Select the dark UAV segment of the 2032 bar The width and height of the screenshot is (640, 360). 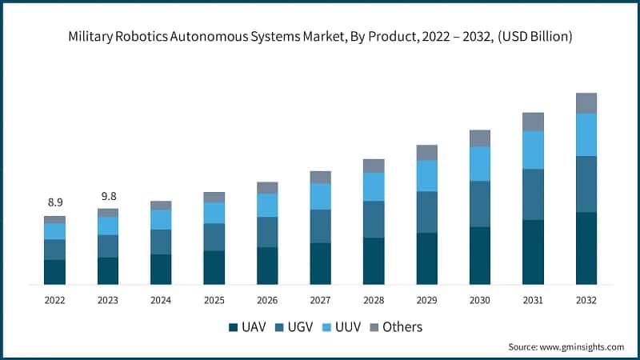[x=586, y=248]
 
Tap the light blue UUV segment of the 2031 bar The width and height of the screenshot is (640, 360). [x=533, y=150]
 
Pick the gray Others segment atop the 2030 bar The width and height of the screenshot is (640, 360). [x=480, y=138]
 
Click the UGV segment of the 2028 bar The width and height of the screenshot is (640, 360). [x=374, y=219]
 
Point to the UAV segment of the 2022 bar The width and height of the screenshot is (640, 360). [x=54, y=272]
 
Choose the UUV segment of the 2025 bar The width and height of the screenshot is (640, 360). [x=214, y=213]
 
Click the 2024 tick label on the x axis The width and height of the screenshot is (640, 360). [x=161, y=300]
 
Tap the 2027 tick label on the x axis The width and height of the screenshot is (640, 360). [x=320, y=300]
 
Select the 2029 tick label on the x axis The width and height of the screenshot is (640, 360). [x=426, y=300]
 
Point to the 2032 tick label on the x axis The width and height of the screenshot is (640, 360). [x=586, y=300]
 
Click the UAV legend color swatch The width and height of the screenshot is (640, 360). [x=234, y=327]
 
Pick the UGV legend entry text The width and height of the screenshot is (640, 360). [x=298, y=327]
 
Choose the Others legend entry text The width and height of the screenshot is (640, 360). [x=402, y=327]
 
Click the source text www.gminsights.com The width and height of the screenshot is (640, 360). [x=582, y=347]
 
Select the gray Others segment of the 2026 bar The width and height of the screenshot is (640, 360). [x=267, y=188]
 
